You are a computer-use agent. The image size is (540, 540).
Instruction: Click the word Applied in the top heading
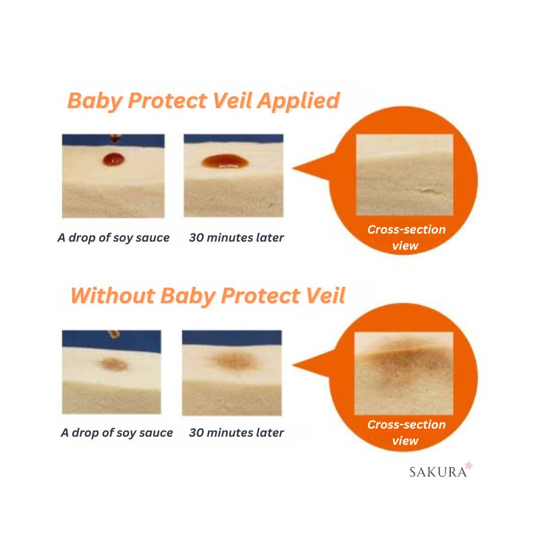pyautogui.click(x=298, y=101)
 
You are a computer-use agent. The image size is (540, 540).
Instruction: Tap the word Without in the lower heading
pyautogui.click(x=113, y=296)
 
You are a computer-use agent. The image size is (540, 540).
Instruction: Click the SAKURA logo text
pyautogui.click(x=437, y=472)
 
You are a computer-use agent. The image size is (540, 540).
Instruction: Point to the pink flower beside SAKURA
pyautogui.click(x=468, y=466)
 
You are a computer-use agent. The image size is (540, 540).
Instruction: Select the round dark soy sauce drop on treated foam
pyautogui.click(x=113, y=159)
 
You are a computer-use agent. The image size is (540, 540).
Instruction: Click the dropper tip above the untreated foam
pyautogui.click(x=113, y=333)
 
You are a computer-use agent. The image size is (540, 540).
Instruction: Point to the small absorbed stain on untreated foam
pyautogui.click(x=113, y=364)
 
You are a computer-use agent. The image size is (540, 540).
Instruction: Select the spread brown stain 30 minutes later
pyautogui.click(x=234, y=360)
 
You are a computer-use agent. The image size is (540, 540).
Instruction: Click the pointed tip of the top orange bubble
pyautogui.click(x=293, y=168)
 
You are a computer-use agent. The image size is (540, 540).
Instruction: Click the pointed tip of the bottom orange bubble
pyautogui.click(x=293, y=365)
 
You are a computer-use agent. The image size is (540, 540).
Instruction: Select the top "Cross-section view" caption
pyautogui.click(x=406, y=238)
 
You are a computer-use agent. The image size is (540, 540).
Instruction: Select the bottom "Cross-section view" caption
pyautogui.click(x=406, y=433)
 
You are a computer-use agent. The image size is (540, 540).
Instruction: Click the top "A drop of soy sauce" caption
pyautogui.click(x=113, y=238)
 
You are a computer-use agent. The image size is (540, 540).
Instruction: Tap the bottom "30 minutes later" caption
pyautogui.click(x=236, y=433)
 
